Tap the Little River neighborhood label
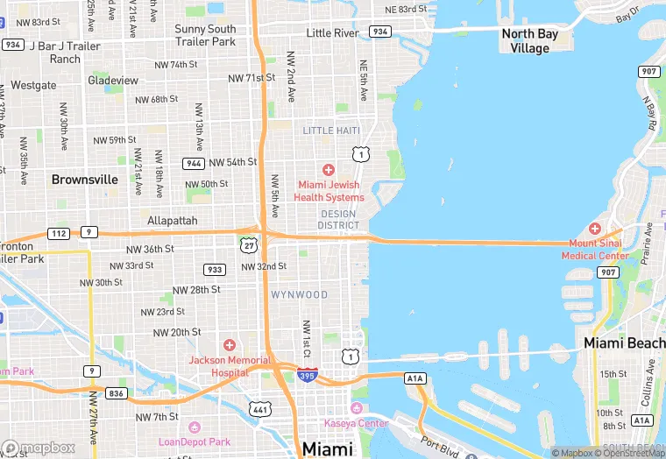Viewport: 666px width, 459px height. tap(332, 33)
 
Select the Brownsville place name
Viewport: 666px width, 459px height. tap(85, 180)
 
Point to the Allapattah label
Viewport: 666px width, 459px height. tap(173, 221)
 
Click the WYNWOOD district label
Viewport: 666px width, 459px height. tap(299, 295)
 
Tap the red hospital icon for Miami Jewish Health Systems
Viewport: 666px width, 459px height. tap(329, 169)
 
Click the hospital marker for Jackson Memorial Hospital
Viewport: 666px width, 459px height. tap(230, 345)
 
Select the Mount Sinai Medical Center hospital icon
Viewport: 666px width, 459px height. tap(595, 228)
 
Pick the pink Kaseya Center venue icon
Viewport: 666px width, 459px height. tap(356, 409)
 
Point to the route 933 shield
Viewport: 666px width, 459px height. tap(214, 269)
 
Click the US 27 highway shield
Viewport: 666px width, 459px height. tap(249, 241)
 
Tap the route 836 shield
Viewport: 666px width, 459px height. tap(116, 393)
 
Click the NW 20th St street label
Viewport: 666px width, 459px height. tap(177, 333)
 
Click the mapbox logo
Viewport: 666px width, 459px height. tap(39, 448)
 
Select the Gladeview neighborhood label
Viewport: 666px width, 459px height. tap(113, 81)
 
